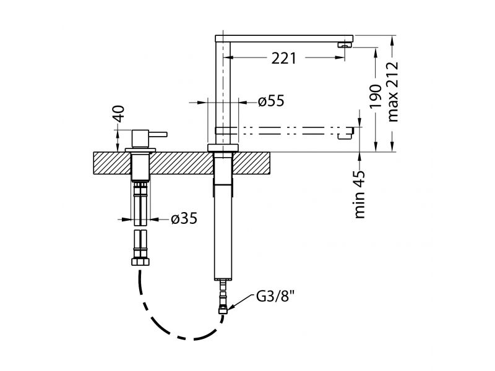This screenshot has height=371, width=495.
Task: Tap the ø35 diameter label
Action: tap(184, 219)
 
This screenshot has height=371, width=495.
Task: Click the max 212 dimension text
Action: tap(392, 92)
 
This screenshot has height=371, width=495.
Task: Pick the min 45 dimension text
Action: tap(362, 194)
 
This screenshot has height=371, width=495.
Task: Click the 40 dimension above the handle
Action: tap(119, 114)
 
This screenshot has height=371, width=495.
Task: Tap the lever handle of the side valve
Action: tap(158, 133)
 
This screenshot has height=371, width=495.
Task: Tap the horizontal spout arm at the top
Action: tap(285, 38)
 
